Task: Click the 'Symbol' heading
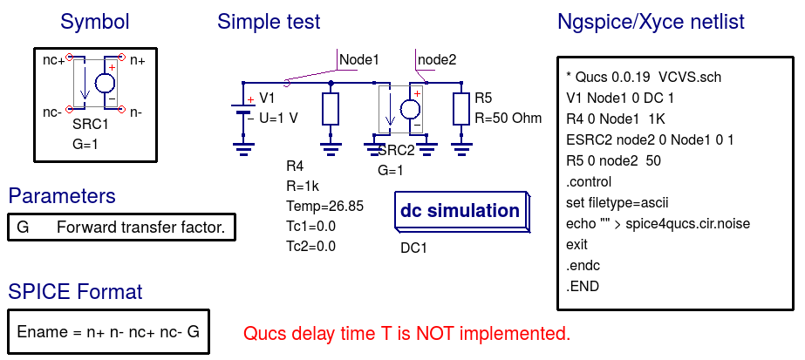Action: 95,22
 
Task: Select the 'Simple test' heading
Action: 269,22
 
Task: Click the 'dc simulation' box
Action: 460,211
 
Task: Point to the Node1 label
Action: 359,59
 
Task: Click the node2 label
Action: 437,59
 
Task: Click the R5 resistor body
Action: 461,108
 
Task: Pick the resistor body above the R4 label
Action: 331,110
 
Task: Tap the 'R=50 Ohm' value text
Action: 508,118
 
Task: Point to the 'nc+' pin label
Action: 54,60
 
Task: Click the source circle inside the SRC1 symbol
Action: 105,85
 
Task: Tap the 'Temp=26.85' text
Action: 324,207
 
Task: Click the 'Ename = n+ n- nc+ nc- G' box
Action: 108,332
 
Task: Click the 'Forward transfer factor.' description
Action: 140,228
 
